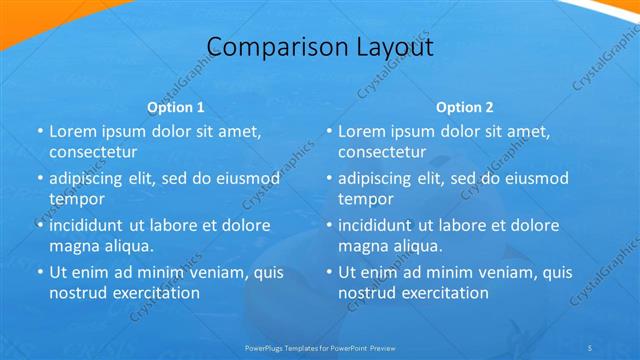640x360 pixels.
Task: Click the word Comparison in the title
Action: [263, 47]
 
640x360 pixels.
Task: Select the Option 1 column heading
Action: [176, 106]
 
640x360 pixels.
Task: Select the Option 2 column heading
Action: [465, 106]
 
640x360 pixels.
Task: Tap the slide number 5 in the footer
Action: [591, 347]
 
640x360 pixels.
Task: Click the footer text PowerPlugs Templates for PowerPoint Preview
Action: [320, 347]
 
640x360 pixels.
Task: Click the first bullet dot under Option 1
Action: [40, 131]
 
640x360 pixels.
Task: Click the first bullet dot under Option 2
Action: [329, 131]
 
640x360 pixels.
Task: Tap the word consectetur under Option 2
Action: [382, 152]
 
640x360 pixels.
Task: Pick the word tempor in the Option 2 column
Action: [366, 199]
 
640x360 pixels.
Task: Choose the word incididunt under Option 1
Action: [89, 225]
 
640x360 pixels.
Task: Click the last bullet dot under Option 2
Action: [329, 272]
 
